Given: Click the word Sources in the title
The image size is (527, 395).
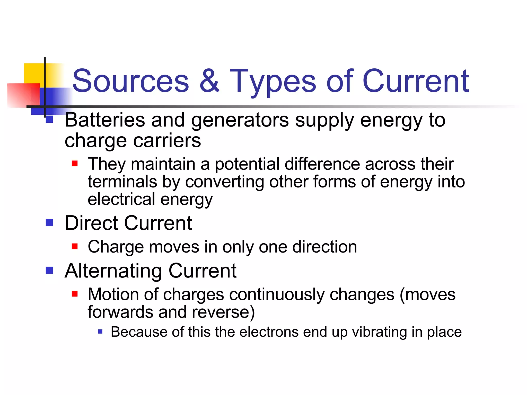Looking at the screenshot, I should (x=131, y=81).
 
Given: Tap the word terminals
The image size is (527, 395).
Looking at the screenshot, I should (x=122, y=182).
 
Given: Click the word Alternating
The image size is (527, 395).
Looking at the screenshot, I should (x=113, y=271).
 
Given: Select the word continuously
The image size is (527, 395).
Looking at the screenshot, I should (x=277, y=294).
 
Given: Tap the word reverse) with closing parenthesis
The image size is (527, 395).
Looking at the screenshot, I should (x=223, y=312).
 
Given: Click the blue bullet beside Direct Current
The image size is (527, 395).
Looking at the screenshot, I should (x=49, y=223).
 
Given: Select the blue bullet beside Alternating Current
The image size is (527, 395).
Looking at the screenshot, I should (x=49, y=270).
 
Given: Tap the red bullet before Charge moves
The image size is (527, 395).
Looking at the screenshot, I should (x=75, y=246).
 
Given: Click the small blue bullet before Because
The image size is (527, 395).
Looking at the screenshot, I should (x=100, y=331).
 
